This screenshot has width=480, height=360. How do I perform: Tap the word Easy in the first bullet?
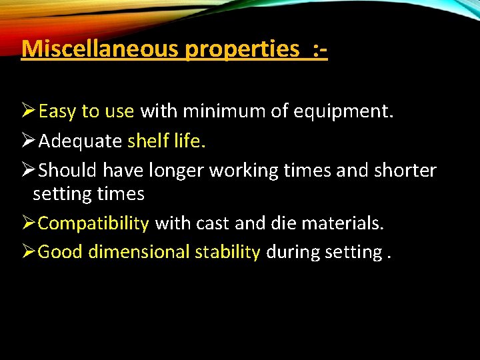pos(58,111)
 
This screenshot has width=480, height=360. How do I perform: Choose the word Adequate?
pos(80,141)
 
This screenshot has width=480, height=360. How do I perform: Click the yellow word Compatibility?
pos(93,223)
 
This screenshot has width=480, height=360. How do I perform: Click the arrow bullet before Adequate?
pos(29,141)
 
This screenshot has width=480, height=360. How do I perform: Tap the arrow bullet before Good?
pos(29,251)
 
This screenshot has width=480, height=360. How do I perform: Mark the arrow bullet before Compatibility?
pos(29,223)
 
